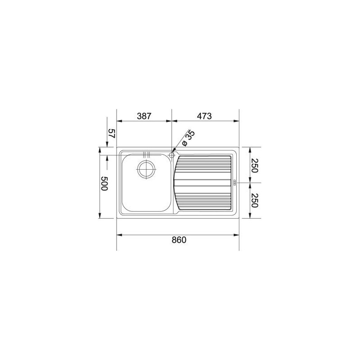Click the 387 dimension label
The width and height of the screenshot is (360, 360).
coord(144,116)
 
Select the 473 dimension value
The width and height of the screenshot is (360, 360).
coord(204,116)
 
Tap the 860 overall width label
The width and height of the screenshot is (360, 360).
coord(179,240)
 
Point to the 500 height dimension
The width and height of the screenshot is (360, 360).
coord(104,184)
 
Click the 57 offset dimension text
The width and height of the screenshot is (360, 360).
coord(111,133)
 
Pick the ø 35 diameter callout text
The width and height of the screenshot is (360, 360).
coord(188,139)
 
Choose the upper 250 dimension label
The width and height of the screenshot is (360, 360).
coord(255,165)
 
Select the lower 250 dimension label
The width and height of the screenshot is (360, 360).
coord(255,200)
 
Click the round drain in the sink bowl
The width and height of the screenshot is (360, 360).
coord(147,169)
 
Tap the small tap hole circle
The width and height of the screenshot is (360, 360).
coord(172,155)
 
